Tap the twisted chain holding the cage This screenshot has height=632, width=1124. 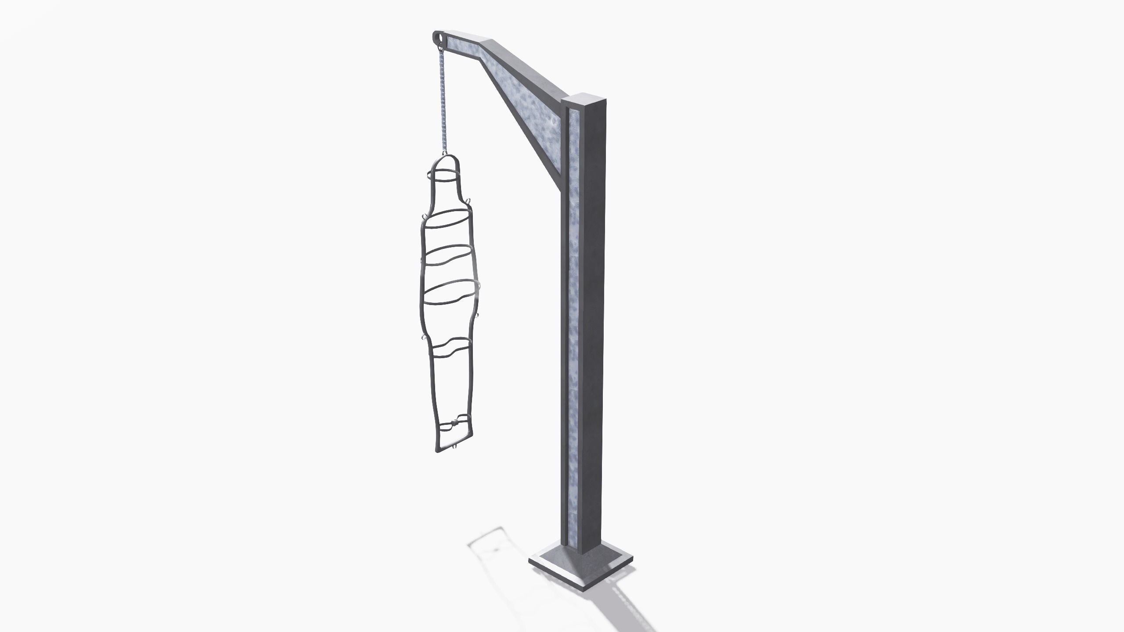click(443, 105)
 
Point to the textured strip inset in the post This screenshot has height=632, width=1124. click(575, 307)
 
